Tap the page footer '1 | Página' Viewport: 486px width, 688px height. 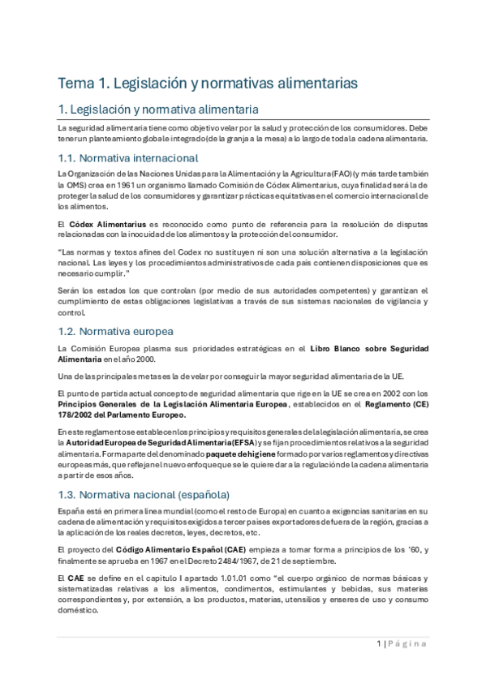pos(402,643)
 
